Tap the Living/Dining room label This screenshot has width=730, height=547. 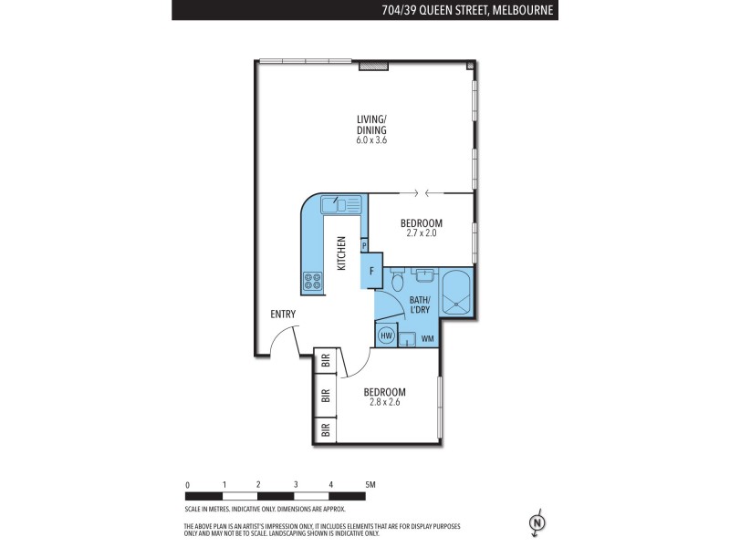coord(371,124)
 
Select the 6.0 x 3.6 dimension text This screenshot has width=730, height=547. coord(371,140)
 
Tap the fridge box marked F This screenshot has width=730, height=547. coord(371,271)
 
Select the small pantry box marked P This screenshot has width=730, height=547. coord(364,245)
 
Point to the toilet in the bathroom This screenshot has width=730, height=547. coord(395,284)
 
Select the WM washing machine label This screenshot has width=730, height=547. coord(427,339)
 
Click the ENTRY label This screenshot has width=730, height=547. coord(283,315)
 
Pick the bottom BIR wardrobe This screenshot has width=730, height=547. coord(325,428)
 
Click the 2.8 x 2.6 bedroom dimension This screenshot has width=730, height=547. coord(384,401)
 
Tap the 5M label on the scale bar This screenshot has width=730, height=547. coord(370,485)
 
